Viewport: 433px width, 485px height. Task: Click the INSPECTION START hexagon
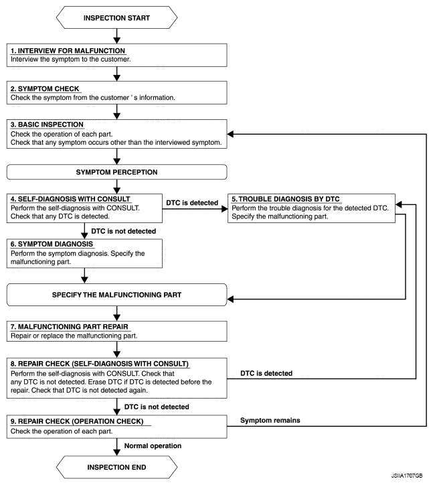pos(117,17)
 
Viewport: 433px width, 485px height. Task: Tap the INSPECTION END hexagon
pos(117,467)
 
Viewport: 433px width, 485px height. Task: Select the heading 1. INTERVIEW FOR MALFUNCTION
pos(68,51)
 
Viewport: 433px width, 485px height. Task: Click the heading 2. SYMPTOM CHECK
pos(45,89)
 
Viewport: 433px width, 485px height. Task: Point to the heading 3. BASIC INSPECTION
pos(47,125)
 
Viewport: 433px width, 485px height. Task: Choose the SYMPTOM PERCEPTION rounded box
pos(117,172)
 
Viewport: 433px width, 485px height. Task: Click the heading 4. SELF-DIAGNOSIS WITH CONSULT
pos(70,199)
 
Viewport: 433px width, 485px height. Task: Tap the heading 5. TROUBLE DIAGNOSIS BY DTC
pos(286,199)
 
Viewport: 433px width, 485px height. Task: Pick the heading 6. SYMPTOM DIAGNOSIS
pos(52,244)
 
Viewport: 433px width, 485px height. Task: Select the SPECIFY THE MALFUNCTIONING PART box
pos(117,295)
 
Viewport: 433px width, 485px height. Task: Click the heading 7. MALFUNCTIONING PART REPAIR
pos(70,327)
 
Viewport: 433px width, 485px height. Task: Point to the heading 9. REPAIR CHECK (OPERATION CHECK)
pos(77,421)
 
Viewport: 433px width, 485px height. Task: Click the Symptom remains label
pos(270,420)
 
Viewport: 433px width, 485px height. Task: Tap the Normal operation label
pos(153,445)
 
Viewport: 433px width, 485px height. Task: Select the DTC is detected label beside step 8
pos(266,373)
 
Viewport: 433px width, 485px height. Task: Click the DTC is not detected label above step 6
pos(124,231)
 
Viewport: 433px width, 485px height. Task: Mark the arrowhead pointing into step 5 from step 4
pos(225,209)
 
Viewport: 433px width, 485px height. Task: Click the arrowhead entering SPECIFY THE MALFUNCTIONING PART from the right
pos(231,299)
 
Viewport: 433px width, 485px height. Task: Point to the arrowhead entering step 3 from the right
pos(231,134)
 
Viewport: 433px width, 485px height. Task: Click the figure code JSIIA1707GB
pos(407,476)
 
